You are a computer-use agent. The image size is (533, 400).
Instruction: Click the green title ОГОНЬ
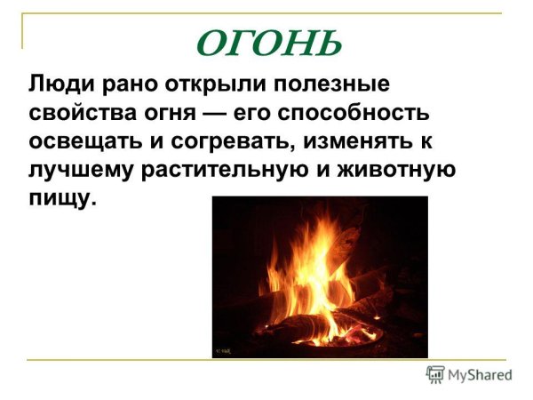(x=266, y=42)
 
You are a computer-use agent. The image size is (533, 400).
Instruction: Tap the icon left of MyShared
(x=435, y=375)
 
